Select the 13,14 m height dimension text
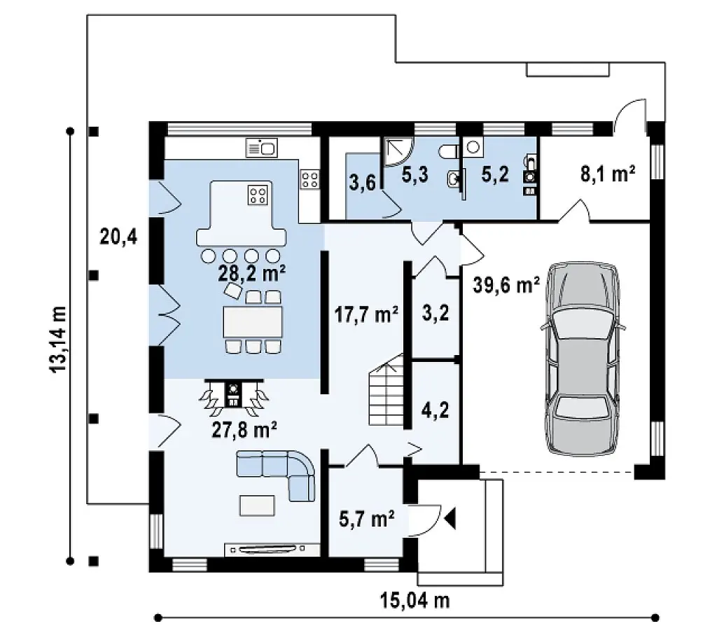(x=58, y=340)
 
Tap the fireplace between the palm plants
(x=234, y=394)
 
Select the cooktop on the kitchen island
(x=257, y=195)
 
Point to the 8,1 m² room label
(x=608, y=174)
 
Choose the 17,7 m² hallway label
(x=366, y=314)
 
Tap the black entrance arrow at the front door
(x=450, y=519)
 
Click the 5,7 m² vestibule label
(x=367, y=519)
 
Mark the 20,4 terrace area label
(x=118, y=237)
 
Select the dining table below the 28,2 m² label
(x=253, y=322)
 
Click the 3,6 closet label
(x=363, y=183)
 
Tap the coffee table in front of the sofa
(x=258, y=506)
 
